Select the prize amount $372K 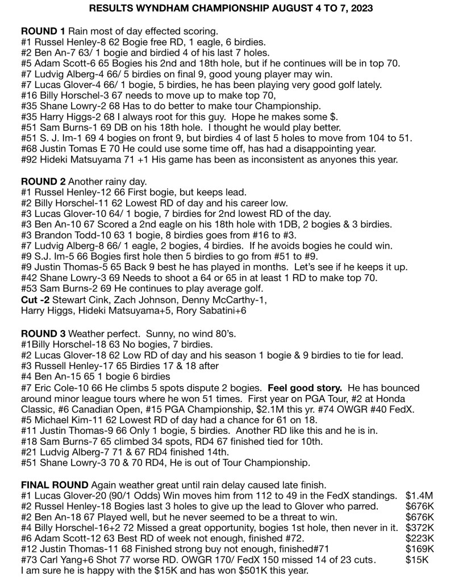[420, 528]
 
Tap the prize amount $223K [420, 538]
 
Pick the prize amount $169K [420, 549]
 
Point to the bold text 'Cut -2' [36, 300]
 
